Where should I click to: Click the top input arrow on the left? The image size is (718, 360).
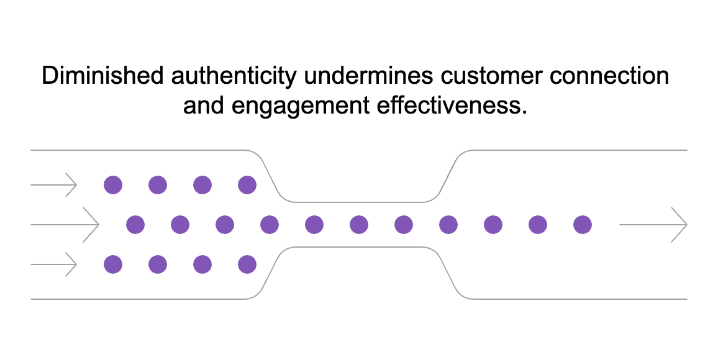[x=53, y=184]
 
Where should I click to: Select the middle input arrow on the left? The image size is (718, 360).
[x=65, y=224]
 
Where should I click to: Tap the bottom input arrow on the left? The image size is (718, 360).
[x=53, y=265]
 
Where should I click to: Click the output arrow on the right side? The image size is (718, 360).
[x=653, y=224]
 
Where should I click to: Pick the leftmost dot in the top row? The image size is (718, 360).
[x=113, y=184]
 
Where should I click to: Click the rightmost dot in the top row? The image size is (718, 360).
[x=247, y=184]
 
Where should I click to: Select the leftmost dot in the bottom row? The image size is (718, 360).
[x=113, y=265]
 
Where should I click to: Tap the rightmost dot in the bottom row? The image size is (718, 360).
[x=247, y=265]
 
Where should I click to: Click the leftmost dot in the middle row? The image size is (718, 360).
[x=135, y=225]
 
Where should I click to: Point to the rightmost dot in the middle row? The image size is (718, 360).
[x=582, y=225]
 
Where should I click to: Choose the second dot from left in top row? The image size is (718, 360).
[x=158, y=184]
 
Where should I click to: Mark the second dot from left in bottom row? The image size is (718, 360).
[x=158, y=265]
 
